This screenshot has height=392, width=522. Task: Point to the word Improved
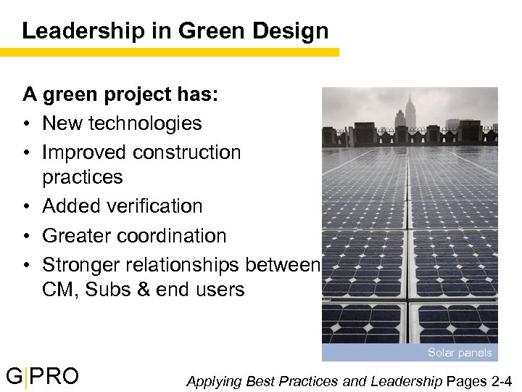point(85,152)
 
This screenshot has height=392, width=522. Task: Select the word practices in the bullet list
point(83,177)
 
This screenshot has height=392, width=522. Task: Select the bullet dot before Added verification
point(27,207)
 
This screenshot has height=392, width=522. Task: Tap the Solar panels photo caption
point(460,353)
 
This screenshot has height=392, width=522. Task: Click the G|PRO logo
point(43,377)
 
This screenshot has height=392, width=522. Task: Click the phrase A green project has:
point(110,94)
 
